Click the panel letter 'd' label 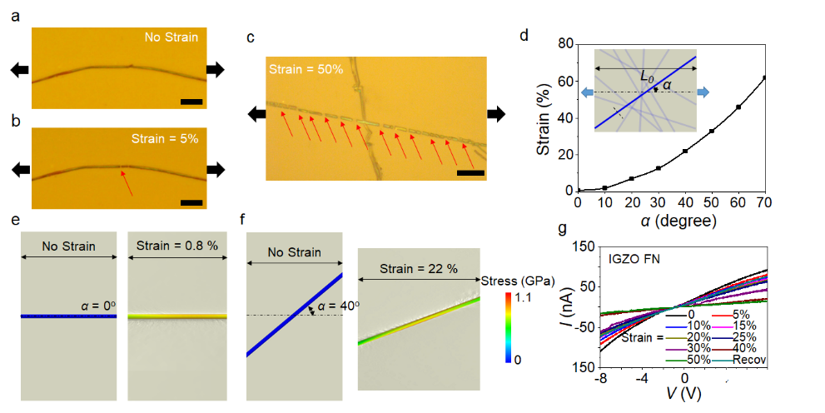point(524,36)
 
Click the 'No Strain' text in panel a point(171,37)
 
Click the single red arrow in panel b point(126,183)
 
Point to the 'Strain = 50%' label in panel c point(306,68)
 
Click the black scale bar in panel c point(470,173)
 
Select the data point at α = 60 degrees point(738,107)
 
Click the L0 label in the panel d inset point(647,77)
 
